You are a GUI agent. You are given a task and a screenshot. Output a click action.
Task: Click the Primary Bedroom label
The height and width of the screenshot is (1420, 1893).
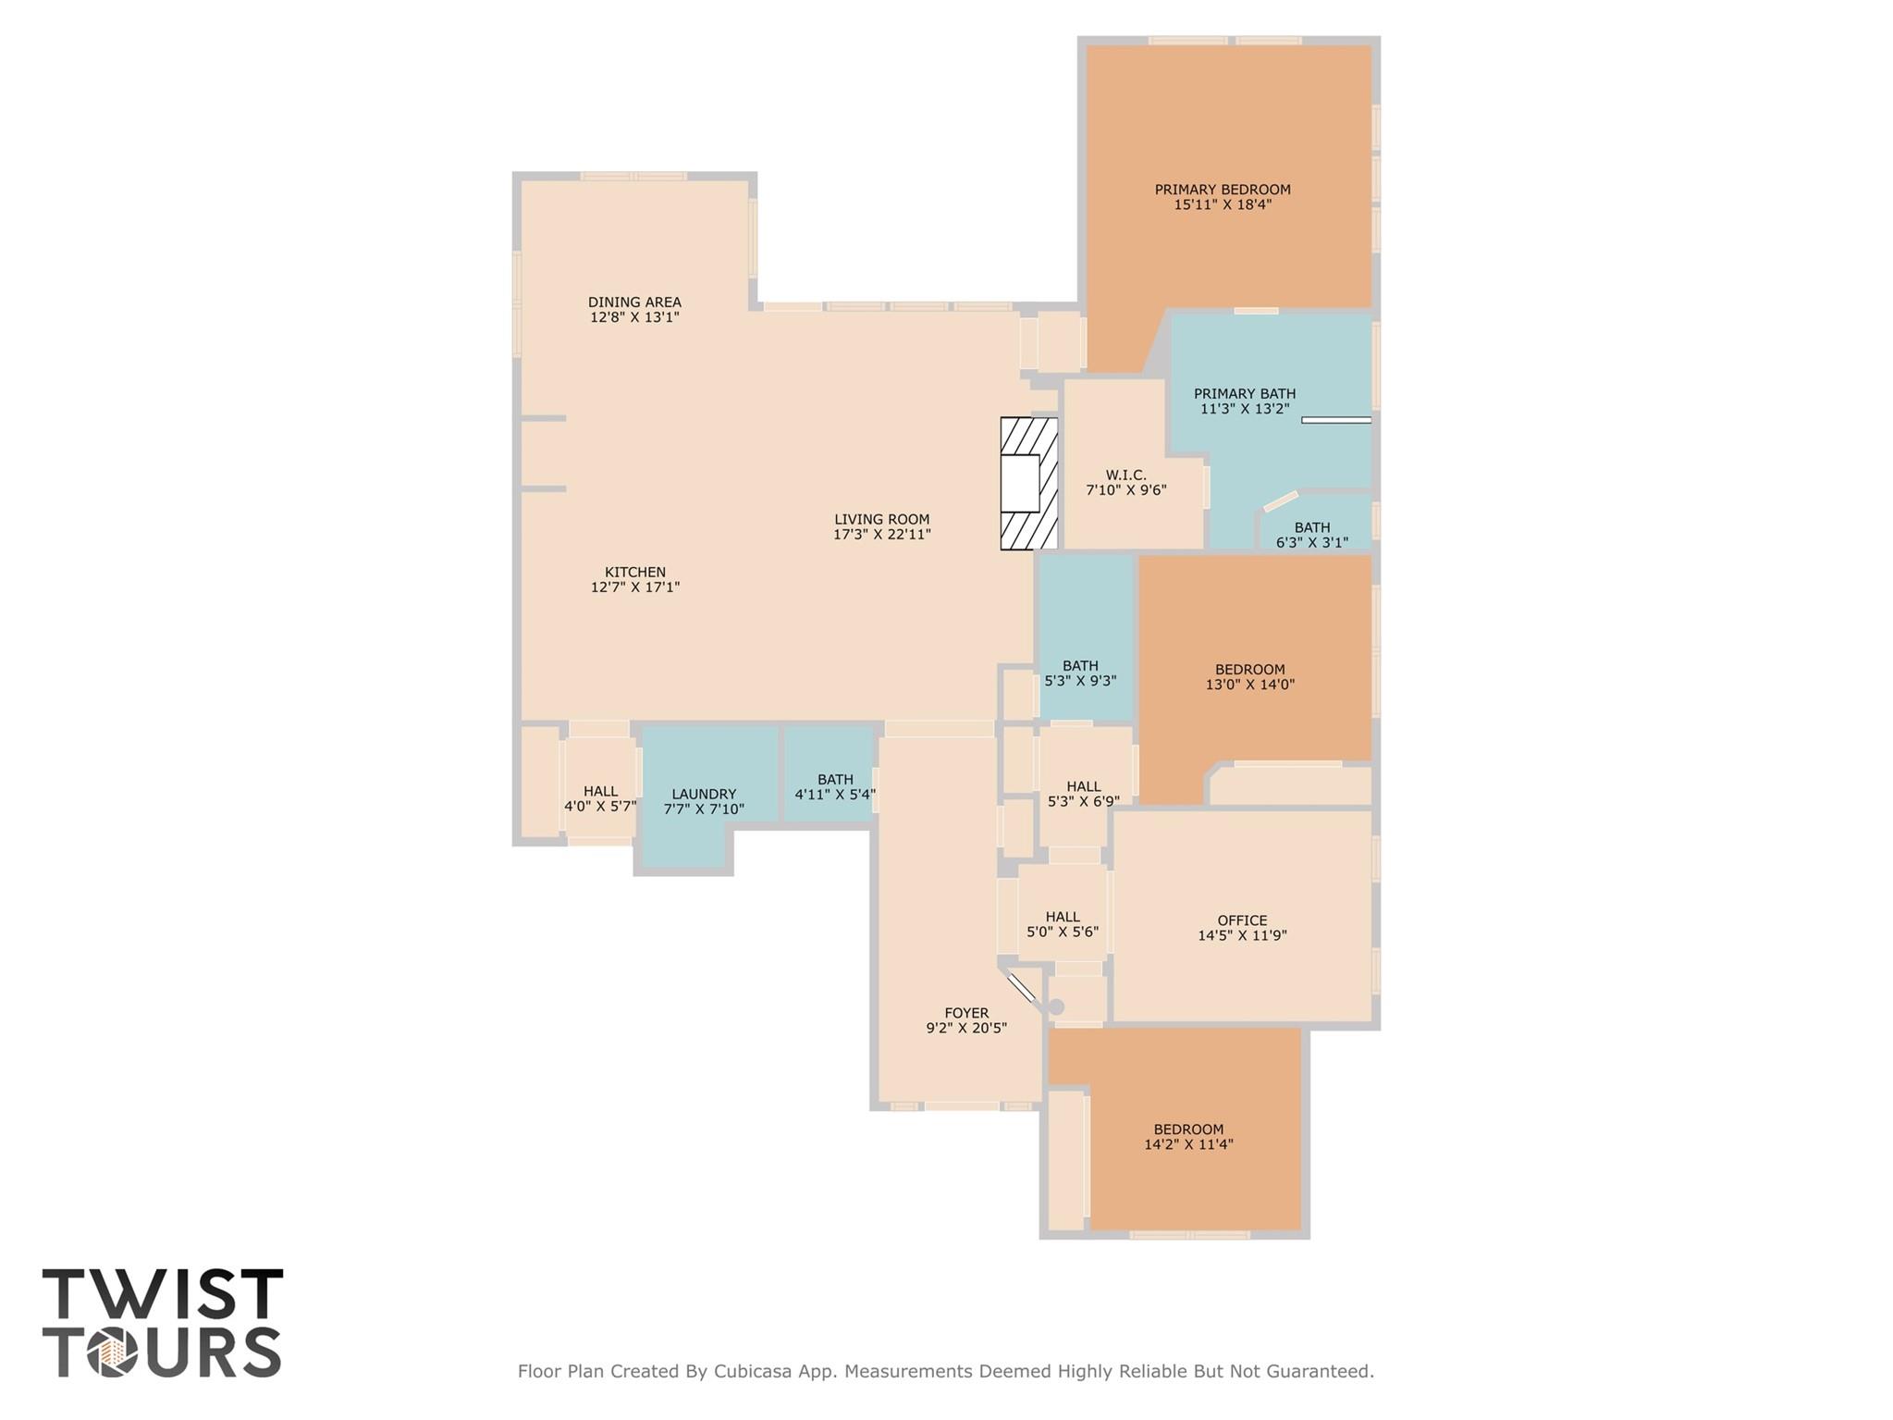click(1222, 190)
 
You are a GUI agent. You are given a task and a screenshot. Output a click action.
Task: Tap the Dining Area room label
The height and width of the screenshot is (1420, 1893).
click(634, 303)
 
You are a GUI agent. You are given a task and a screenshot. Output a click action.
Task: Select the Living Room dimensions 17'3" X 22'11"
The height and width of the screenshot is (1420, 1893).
click(881, 535)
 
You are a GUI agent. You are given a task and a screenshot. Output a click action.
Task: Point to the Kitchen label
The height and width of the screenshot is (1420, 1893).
click(635, 573)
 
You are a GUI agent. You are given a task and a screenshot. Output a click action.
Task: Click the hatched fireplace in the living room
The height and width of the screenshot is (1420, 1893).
click(1027, 484)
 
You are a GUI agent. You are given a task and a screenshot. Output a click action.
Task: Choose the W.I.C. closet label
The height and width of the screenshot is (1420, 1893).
click(1125, 475)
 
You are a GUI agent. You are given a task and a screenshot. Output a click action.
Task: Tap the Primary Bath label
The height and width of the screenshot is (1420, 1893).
click(1244, 394)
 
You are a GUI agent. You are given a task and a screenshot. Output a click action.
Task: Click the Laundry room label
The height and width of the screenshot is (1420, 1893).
click(704, 795)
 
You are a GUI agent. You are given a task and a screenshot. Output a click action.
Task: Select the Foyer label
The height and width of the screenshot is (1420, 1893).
click(966, 1013)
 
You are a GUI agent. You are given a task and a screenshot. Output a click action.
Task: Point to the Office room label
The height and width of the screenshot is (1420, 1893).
click(1242, 920)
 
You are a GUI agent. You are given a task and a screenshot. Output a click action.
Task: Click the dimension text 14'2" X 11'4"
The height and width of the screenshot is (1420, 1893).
click(1188, 1144)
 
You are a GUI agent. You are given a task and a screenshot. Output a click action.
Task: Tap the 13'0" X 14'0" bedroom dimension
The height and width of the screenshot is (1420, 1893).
click(1249, 685)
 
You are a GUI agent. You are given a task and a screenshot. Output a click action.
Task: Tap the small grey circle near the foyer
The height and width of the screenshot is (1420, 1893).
click(1056, 1006)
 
